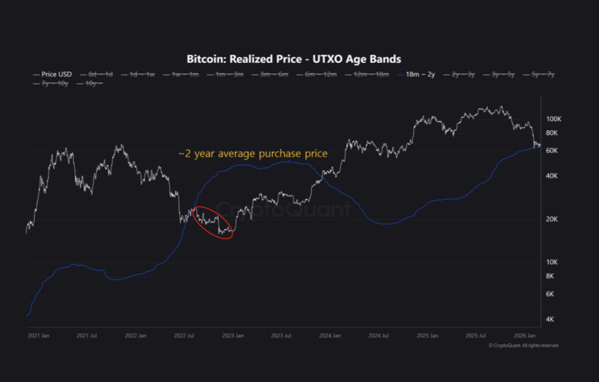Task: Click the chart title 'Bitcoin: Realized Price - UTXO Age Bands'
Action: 293,59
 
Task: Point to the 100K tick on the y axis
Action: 554,119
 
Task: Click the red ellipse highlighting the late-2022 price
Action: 214,222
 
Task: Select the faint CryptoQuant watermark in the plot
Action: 284,209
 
